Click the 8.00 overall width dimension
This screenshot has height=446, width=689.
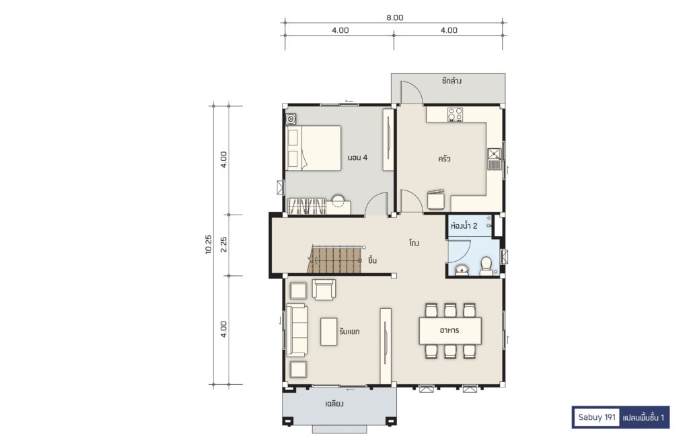[394, 17]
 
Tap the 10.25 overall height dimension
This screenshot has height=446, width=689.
[209, 244]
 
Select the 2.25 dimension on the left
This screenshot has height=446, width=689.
[223, 244]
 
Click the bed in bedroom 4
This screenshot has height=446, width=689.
[314, 148]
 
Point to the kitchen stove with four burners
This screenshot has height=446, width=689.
[455, 114]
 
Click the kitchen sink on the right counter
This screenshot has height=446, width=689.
[495, 159]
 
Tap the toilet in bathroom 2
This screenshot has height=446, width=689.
[486, 266]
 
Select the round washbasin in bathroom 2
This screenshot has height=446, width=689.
[462, 270]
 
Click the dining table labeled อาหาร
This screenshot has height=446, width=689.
[450, 330]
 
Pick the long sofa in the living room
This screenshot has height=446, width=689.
[297, 330]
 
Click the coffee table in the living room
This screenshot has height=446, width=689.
[328, 332]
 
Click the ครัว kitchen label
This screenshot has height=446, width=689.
[444, 159]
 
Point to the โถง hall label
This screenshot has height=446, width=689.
[414, 243]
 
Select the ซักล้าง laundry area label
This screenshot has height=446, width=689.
[451, 81]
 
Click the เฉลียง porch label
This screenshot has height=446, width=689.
[334, 404]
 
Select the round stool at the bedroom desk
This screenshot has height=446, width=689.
[339, 200]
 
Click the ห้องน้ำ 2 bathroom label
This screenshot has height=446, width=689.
[464, 226]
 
